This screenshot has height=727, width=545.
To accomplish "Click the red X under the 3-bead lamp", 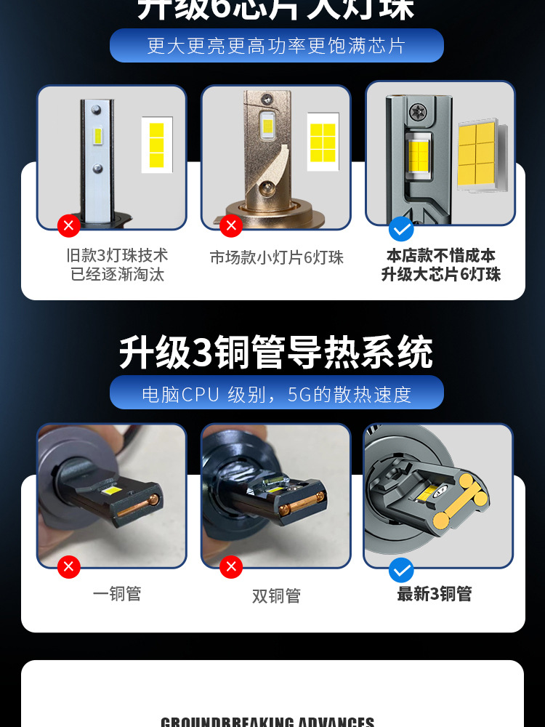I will [69, 225].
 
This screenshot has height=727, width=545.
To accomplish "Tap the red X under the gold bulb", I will [231, 225].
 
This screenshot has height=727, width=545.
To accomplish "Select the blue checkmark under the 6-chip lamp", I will [401, 229].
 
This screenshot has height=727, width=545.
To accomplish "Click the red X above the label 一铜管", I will [69, 566].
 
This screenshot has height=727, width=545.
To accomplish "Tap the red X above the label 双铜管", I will [231, 566].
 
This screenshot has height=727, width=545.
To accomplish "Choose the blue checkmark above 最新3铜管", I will [401, 569].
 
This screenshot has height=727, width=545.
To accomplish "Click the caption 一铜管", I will [117, 594].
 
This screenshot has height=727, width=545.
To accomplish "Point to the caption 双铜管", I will [276, 596].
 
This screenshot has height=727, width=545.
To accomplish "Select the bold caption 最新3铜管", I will [435, 594].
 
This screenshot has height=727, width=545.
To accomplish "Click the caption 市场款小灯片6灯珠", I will [276, 258].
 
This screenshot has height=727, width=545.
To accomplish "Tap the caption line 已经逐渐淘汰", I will [117, 275].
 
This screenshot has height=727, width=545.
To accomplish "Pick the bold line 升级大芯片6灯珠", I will [441, 275].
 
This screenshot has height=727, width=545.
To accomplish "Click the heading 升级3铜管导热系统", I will [276, 353].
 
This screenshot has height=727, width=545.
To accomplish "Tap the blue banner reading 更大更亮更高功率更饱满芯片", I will [276, 45].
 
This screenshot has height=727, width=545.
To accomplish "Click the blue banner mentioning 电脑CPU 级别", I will [276, 393].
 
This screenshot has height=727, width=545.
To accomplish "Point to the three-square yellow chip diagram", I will [156, 145].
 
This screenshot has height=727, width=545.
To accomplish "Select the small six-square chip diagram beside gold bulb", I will [323, 142].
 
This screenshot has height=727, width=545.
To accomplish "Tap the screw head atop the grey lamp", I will [419, 112].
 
